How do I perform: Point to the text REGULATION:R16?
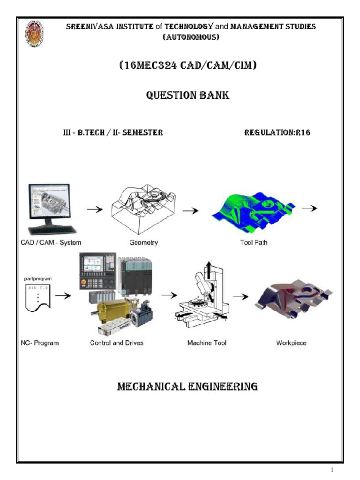[277, 133]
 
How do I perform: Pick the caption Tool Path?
[253, 242]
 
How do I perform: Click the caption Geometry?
[143, 242]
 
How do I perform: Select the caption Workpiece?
[291, 343]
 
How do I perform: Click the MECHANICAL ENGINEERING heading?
[187, 387]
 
